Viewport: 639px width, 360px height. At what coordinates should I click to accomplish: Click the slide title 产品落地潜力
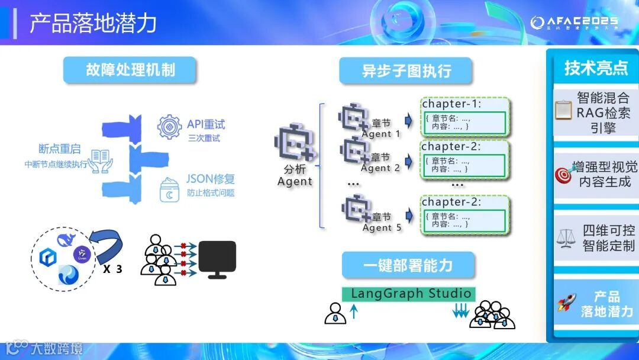pos(93,23)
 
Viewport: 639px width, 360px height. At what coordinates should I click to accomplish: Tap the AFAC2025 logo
pos(574,23)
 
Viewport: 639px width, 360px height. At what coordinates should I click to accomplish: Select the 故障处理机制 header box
pos(130,70)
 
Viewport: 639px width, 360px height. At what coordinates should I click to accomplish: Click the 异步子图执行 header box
pos(406,71)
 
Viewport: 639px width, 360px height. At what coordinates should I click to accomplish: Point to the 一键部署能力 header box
pos(408,265)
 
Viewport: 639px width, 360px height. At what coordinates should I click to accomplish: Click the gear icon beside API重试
pos(169,127)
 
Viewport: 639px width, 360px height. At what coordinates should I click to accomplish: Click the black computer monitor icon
pos(217,259)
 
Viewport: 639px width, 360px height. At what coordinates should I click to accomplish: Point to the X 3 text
pos(112,269)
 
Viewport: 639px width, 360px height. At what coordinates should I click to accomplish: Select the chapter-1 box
pos(464,117)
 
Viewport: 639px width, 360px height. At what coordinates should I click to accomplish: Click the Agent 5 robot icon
pos(357,208)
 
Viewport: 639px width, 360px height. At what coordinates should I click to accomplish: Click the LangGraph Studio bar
pos(411,294)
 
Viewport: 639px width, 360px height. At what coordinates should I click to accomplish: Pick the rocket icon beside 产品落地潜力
pos(566,303)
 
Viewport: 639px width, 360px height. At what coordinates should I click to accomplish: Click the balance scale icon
pos(566,238)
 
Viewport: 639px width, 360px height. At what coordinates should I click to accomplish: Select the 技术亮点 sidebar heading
pos(595,68)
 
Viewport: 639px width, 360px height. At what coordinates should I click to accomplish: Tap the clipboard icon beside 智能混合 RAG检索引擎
pos(563,110)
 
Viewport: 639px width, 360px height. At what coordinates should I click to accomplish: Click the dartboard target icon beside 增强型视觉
pos(564,175)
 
